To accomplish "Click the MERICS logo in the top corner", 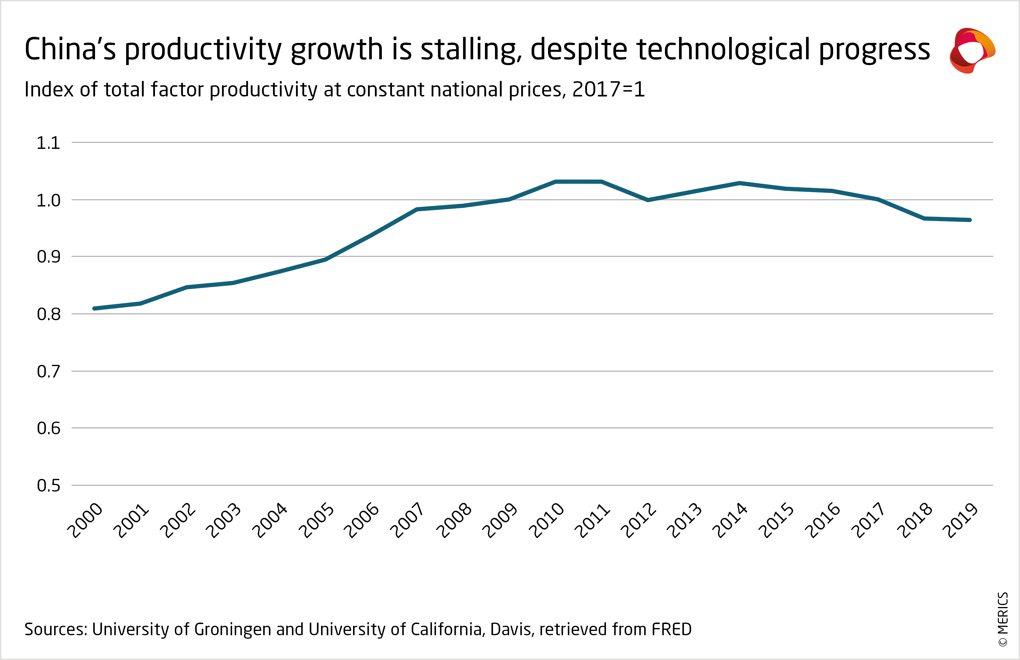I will click(x=972, y=51).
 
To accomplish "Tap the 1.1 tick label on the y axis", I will click(x=48, y=143).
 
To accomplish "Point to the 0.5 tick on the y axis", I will click(x=48, y=485).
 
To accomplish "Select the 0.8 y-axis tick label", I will click(x=48, y=314).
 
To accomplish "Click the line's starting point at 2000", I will click(x=94, y=308).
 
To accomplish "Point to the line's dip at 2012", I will click(x=648, y=200).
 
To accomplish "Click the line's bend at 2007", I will click(x=417, y=209).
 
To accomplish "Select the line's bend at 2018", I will click(x=924, y=219).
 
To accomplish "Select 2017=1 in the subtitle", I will click(x=608, y=90).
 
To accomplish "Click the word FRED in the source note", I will click(x=672, y=629).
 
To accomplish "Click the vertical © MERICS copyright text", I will click(x=1003, y=619).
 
